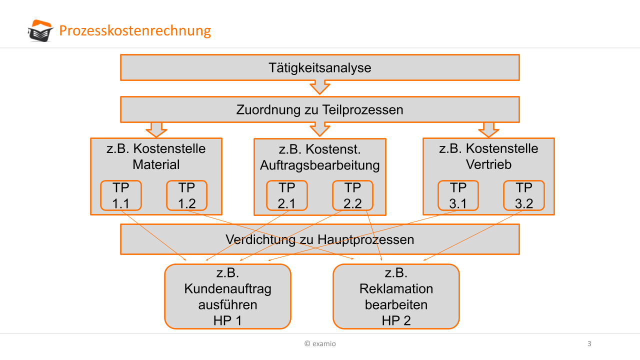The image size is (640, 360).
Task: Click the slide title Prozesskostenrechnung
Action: coord(135,31)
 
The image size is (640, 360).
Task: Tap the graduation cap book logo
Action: coord(40,31)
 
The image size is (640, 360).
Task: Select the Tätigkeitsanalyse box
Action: coord(319,67)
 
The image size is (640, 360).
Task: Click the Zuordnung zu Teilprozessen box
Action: coord(319,109)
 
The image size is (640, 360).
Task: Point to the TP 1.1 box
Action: coord(121,195)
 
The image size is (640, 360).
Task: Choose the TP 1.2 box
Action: coord(186,195)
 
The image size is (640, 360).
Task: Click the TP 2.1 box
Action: coord(287,195)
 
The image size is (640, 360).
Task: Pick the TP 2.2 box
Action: coord(352,195)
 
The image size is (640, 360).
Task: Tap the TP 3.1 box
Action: coord(458,195)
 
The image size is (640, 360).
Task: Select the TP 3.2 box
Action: coord(523,195)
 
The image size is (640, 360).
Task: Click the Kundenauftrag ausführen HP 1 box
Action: coord(227,296)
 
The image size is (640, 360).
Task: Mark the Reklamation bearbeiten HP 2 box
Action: coord(396,296)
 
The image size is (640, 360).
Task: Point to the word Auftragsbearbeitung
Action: coord(320,165)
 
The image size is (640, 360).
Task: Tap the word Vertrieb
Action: coord(488,164)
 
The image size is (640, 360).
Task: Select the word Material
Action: coord(156,164)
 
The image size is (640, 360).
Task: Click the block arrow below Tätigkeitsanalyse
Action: coord(320,87)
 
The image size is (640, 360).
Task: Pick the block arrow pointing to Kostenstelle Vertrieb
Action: coord(488,129)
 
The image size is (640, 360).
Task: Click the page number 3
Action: coord(589,343)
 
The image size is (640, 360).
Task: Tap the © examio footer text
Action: coord(320,343)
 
